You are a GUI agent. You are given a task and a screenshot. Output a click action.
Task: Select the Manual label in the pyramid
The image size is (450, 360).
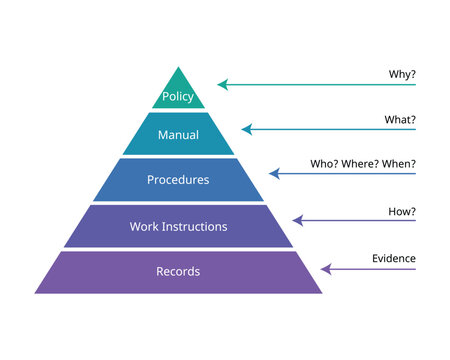(x=179, y=134)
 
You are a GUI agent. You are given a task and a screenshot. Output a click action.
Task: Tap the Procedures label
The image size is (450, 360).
(x=178, y=180)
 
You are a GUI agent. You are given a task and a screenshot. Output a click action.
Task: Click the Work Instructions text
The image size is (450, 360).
(x=178, y=226)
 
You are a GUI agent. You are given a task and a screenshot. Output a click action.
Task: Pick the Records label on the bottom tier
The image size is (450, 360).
(x=178, y=271)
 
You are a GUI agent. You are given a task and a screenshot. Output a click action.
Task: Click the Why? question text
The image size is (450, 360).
(x=402, y=74)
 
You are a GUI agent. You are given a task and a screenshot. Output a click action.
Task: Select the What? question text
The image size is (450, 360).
(x=401, y=119)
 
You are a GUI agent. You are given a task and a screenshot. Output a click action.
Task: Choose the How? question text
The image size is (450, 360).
(x=402, y=212)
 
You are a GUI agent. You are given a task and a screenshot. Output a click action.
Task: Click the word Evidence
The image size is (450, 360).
(x=395, y=258)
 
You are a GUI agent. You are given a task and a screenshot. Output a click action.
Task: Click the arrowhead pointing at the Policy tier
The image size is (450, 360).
(x=222, y=85)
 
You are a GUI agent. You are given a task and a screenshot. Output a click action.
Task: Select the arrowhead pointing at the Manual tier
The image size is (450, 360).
(x=246, y=129)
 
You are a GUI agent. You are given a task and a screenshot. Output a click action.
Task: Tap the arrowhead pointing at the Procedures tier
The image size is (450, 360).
(x=273, y=174)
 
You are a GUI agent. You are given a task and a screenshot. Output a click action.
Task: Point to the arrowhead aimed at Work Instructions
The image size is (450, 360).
(x=297, y=220)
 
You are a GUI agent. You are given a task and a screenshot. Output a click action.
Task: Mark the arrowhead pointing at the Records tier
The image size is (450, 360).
(x=325, y=268)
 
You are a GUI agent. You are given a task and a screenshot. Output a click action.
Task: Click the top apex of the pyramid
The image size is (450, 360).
(x=179, y=67)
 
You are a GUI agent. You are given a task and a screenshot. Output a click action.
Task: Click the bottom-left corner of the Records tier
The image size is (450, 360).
(x=35, y=293)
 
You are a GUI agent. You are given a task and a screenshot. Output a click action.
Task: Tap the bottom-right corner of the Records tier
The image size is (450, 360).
(x=322, y=293)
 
